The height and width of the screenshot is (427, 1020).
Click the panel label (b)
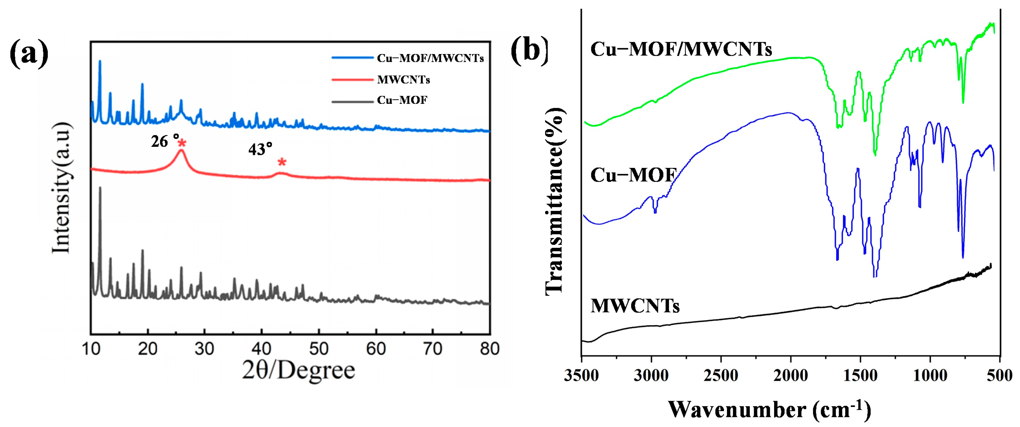(x=529, y=51)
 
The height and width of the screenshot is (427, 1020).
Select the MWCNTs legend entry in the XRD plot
(x=403, y=80)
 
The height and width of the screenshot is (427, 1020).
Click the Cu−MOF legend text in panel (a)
(x=402, y=100)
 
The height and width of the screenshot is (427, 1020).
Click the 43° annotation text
(x=260, y=149)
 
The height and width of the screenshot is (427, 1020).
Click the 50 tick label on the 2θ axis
(x=318, y=349)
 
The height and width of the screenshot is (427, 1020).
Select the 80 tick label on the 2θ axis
(x=489, y=349)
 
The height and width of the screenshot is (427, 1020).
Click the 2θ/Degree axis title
(x=299, y=371)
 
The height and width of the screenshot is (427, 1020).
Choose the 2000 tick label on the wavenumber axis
(x=791, y=375)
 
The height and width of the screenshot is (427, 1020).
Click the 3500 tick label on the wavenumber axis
(x=581, y=375)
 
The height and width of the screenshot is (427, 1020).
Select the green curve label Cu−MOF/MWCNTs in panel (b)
(x=681, y=49)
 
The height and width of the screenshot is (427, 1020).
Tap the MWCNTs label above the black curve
(x=635, y=306)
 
